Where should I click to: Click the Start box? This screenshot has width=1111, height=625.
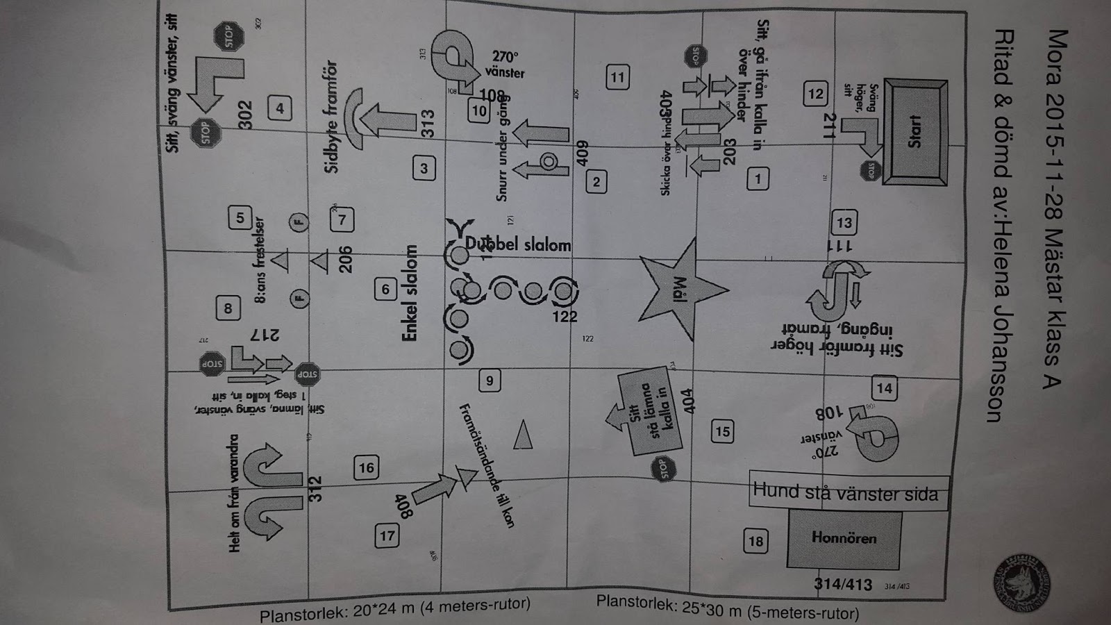tap(915, 132)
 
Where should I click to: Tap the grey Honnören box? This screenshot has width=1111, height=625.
tap(844, 539)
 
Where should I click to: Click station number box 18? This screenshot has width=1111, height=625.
tap(755, 542)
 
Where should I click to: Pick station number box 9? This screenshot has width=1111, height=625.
tap(490, 381)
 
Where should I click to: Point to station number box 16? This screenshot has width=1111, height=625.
tap(367, 468)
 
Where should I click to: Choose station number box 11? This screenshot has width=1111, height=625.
tap(617, 77)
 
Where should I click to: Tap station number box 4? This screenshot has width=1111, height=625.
tap(280, 108)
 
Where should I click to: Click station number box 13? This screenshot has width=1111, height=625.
tap(844, 223)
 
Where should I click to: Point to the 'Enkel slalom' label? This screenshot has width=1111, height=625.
tap(411, 293)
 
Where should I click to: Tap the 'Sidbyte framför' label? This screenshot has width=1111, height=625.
tap(331, 116)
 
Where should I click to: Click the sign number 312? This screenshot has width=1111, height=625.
tap(315, 489)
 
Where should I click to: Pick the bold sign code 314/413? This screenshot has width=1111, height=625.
tap(842, 585)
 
